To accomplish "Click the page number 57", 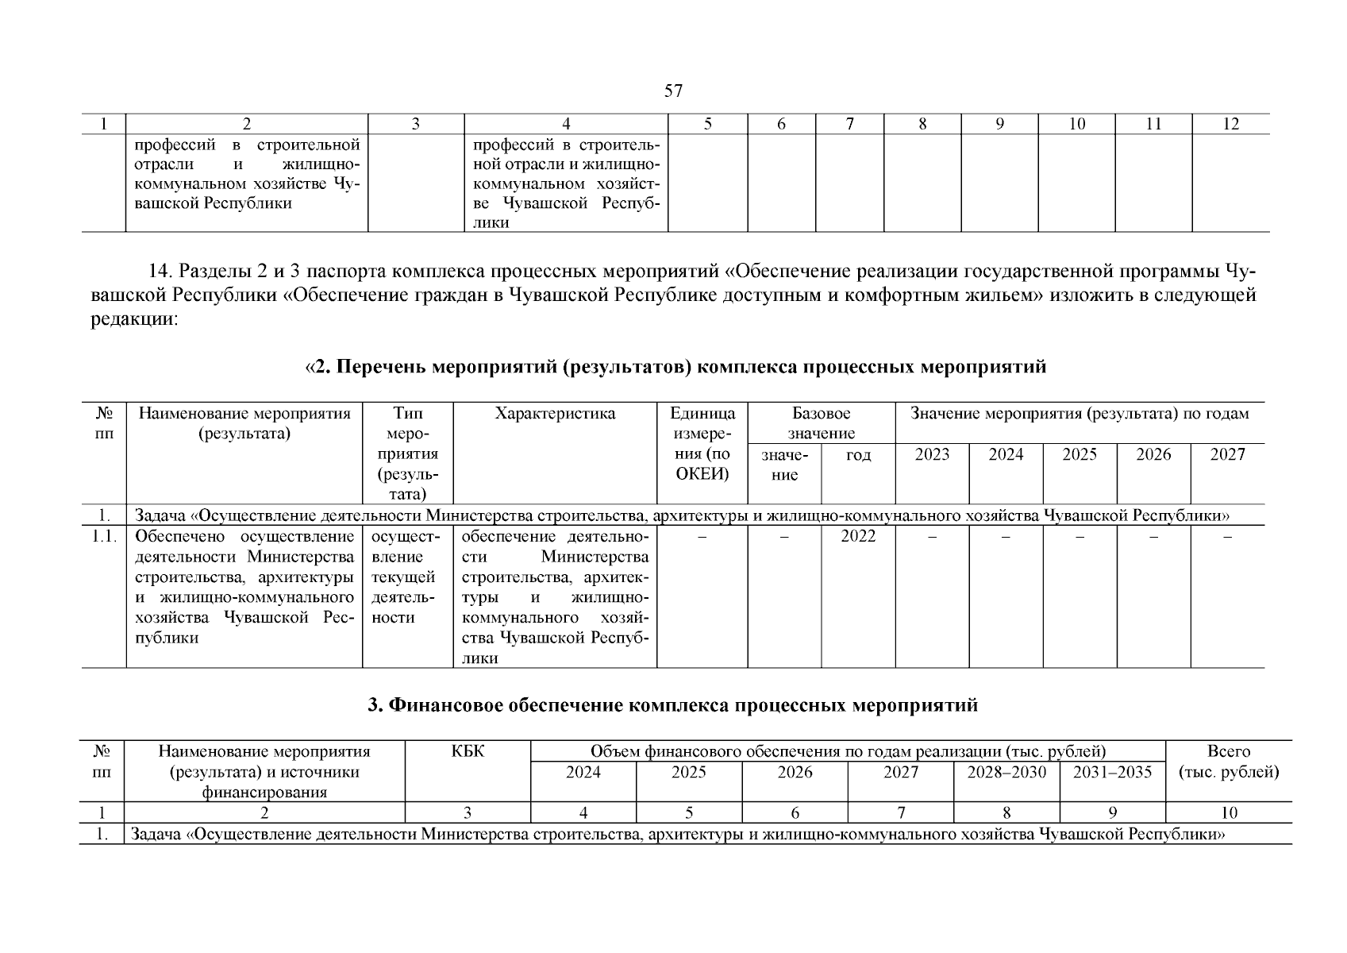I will pos(672,91).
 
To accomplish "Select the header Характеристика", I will pos(554,414).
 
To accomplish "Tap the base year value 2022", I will pos(857,536).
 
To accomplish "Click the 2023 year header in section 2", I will pos(932,454).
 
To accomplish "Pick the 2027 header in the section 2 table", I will pos(1227,454).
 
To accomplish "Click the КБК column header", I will pos(467,751).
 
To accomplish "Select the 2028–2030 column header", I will pos(1006,772).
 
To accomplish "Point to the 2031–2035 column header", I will pos(1112,772).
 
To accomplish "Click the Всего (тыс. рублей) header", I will pos(1228,762).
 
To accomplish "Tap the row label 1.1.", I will pos(103,536).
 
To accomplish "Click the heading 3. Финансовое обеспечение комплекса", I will pos(672,705).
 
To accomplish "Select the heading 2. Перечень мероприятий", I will pos(675,367).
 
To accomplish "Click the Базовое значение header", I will pos(821,423).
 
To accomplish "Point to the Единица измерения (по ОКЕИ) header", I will pos(702,444).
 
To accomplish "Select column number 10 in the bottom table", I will pos(1228,812).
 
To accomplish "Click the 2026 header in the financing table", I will pos(795,772).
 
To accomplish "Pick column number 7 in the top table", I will pos(849,124).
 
